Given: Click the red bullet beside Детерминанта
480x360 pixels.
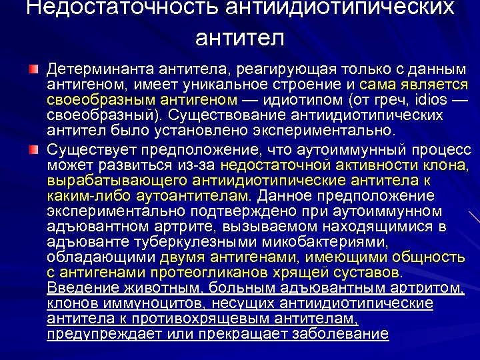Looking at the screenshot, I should tap(34, 70).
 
